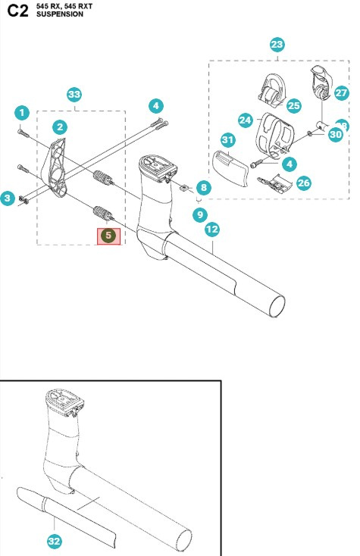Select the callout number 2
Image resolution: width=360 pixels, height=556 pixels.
[59, 127]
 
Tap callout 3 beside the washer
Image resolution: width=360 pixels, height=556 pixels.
[8, 198]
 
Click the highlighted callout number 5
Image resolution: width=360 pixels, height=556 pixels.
[108, 236]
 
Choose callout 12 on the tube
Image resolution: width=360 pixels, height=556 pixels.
[212, 229]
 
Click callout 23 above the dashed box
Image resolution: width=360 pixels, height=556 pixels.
[277, 45]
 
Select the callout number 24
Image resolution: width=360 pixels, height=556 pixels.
[244, 120]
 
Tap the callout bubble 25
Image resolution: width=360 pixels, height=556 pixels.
[293, 105]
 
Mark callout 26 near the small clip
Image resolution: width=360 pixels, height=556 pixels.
[303, 183]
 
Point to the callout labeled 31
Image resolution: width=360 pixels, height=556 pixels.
[227, 140]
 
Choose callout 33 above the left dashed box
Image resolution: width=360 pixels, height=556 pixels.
[74, 95]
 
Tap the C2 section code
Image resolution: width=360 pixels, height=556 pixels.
[17, 10]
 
